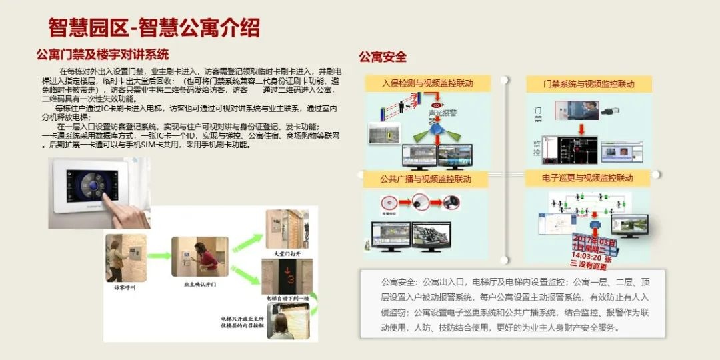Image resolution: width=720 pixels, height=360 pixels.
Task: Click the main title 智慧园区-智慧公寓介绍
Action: pyautogui.click(x=154, y=27)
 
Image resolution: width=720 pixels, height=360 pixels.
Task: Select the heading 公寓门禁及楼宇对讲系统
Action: pyautogui.click(x=103, y=54)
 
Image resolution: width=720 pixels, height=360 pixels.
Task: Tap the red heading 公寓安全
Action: pyautogui.click(x=383, y=57)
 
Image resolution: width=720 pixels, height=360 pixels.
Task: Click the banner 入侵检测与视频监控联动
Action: pyautogui.click(x=427, y=83)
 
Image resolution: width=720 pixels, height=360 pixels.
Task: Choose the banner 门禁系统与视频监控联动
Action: pyautogui.click(x=589, y=84)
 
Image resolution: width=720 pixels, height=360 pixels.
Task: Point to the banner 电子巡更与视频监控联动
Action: pyautogui.click(x=587, y=178)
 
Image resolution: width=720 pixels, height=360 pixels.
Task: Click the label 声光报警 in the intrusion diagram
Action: pyautogui.click(x=437, y=113)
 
